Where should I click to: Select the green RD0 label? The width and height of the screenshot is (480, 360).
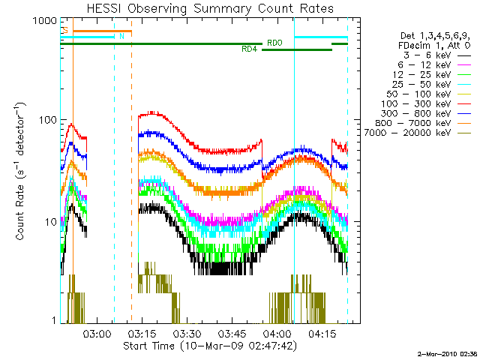[274, 43]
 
